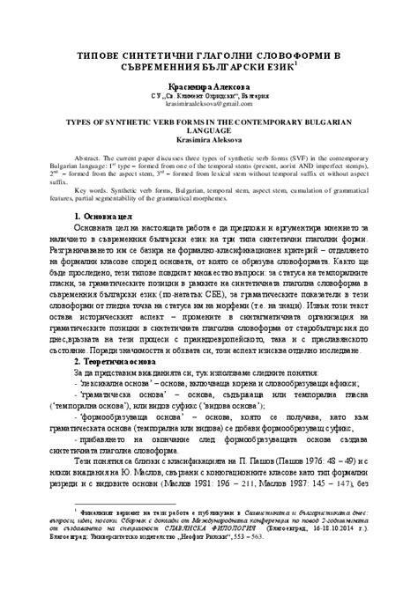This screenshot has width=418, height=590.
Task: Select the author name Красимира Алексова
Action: [209, 85]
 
